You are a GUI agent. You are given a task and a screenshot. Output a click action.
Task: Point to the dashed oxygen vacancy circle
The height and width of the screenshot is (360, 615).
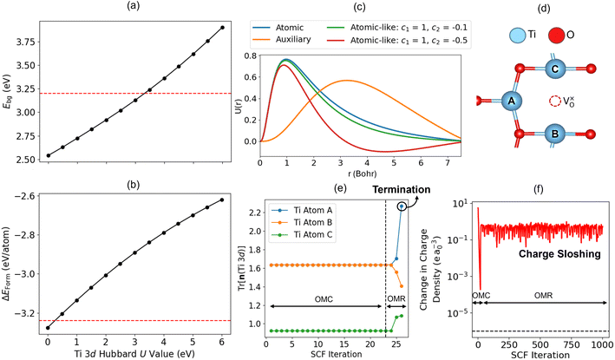coord(557,101)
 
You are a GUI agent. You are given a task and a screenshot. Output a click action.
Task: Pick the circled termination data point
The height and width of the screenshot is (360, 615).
coord(401,206)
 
